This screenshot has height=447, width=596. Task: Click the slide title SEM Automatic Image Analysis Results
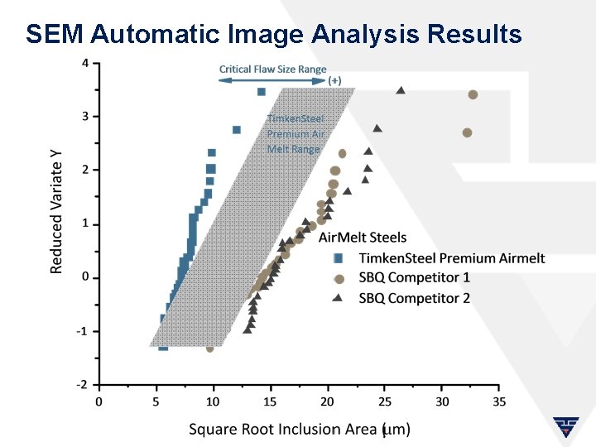(273, 34)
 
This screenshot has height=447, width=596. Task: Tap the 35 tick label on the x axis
(498, 401)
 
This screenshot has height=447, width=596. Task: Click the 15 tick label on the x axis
(270, 401)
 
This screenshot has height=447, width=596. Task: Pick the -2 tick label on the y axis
(81, 385)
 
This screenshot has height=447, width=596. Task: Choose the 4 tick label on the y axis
(86, 63)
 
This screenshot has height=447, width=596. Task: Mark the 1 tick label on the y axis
(86, 223)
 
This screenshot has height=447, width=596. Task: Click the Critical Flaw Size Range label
(272, 70)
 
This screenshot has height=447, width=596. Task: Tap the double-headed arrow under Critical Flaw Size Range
(272, 81)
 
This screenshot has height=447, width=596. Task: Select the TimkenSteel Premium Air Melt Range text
(295, 133)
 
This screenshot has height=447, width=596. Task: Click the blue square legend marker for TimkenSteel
(339, 258)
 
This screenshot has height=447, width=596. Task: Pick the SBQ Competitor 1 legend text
(414, 277)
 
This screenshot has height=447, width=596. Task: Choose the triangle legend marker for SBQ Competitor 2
(339, 297)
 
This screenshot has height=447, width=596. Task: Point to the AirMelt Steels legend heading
(363, 238)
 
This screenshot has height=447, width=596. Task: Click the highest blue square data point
(261, 91)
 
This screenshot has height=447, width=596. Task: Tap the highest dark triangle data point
(401, 90)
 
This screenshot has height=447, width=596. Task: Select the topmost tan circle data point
(473, 94)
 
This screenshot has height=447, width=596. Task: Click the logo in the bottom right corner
(567, 428)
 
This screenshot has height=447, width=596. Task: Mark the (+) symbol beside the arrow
(334, 81)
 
